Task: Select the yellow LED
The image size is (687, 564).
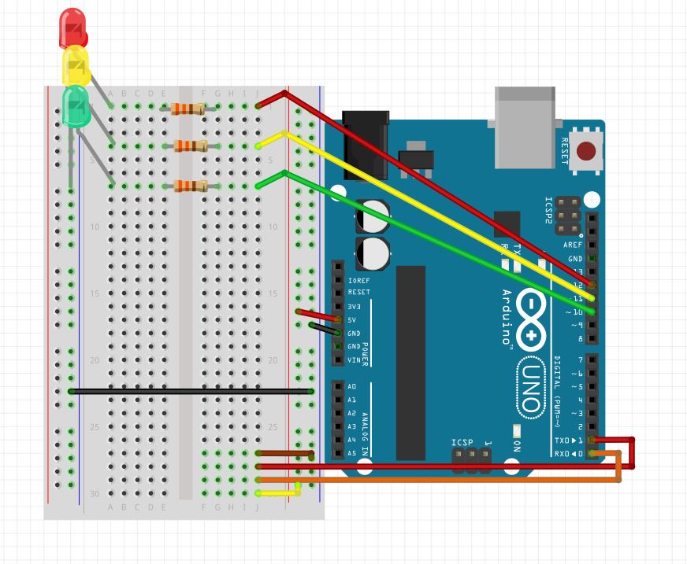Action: coord(76,67)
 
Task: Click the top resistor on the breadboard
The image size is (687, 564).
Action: coord(188,109)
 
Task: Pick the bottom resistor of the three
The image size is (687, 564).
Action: coord(191,186)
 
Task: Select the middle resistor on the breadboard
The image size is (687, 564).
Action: coord(191,146)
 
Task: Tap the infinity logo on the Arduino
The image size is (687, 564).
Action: coord(533,319)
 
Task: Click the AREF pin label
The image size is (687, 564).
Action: coord(573,245)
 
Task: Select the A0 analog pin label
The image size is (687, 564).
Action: coord(351,386)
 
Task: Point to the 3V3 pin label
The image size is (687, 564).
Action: coord(354,306)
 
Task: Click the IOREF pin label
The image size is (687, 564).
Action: coord(358,279)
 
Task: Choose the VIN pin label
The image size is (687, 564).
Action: coord(354,359)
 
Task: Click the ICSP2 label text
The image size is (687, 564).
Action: coord(549,212)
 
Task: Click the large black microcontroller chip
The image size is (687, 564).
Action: coord(410,362)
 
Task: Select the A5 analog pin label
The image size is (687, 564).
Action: coord(351,453)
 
